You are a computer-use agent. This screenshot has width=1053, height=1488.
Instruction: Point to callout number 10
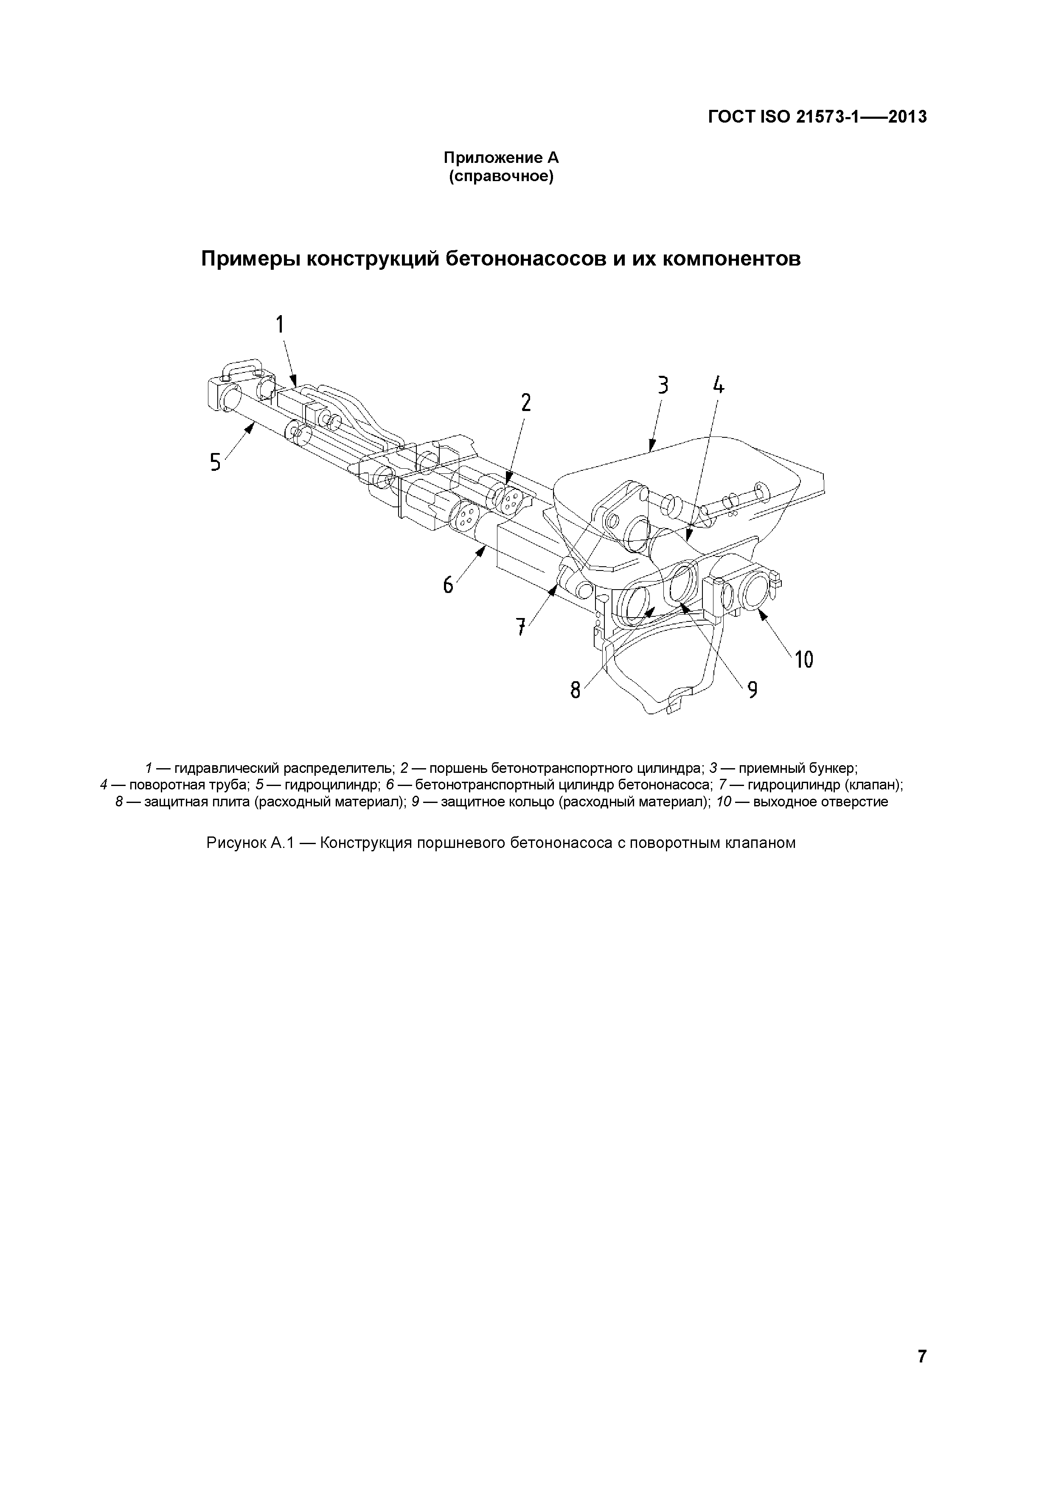[803, 660]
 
